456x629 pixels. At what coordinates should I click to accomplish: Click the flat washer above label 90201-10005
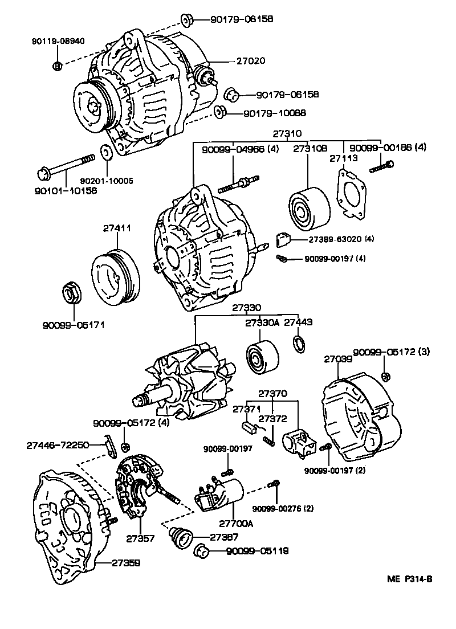click(x=105, y=153)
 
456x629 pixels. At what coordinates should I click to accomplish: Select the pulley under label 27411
click(x=116, y=276)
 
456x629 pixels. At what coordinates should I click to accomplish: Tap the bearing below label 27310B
click(x=307, y=208)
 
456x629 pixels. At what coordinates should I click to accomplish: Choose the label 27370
click(x=272, y=393)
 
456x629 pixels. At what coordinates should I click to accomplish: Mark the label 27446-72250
click(x=58, y=444)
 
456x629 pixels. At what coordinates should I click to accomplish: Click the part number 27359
click(x=125, y=562)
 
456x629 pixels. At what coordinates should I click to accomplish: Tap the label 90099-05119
click(x=256, y=551)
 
